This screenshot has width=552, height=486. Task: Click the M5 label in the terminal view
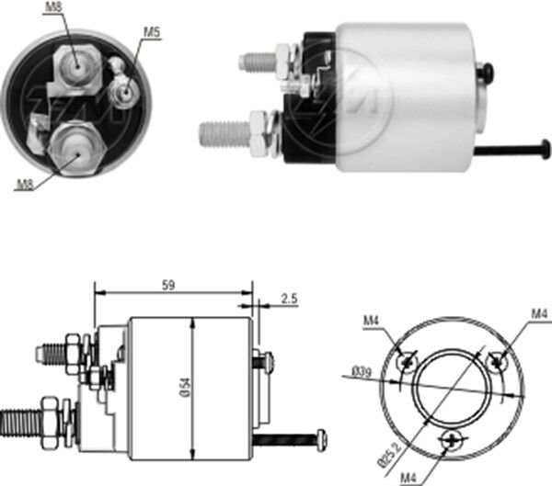click(x=152, y=33)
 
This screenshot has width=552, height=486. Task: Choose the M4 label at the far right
click(x=539, y=314)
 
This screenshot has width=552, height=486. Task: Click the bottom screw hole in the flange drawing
click(x=451, y=442)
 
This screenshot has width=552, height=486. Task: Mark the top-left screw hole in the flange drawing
click(x=406, y=362)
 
